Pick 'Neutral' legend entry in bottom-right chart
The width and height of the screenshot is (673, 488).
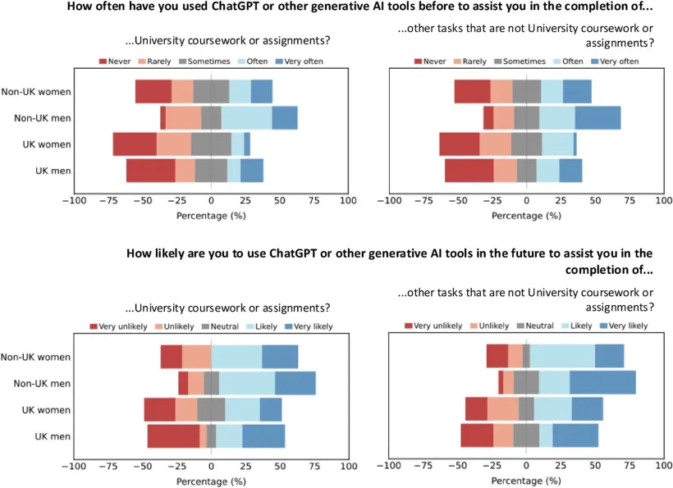(x=532, y=326)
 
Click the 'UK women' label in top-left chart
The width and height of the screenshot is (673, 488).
(x=47, y=144)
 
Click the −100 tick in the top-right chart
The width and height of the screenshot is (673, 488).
(x=389, y=201)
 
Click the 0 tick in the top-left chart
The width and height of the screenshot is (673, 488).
(x=211, y=201)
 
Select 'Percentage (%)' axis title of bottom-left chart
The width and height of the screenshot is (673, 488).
(x=211, y=481)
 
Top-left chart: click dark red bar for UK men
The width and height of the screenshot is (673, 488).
(x=150, y=171)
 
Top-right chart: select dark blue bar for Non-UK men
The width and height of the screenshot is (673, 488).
(x=597, y=118)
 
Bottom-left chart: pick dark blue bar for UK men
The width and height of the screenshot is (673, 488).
(x=263, y=436)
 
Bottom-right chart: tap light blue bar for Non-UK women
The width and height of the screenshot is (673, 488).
(x=562, y=357)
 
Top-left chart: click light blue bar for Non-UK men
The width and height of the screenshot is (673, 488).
(x=246, y=118)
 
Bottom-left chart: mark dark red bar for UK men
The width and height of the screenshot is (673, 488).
(x=173, y=436)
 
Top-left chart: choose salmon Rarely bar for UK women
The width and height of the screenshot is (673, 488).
(x=173, y=144)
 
